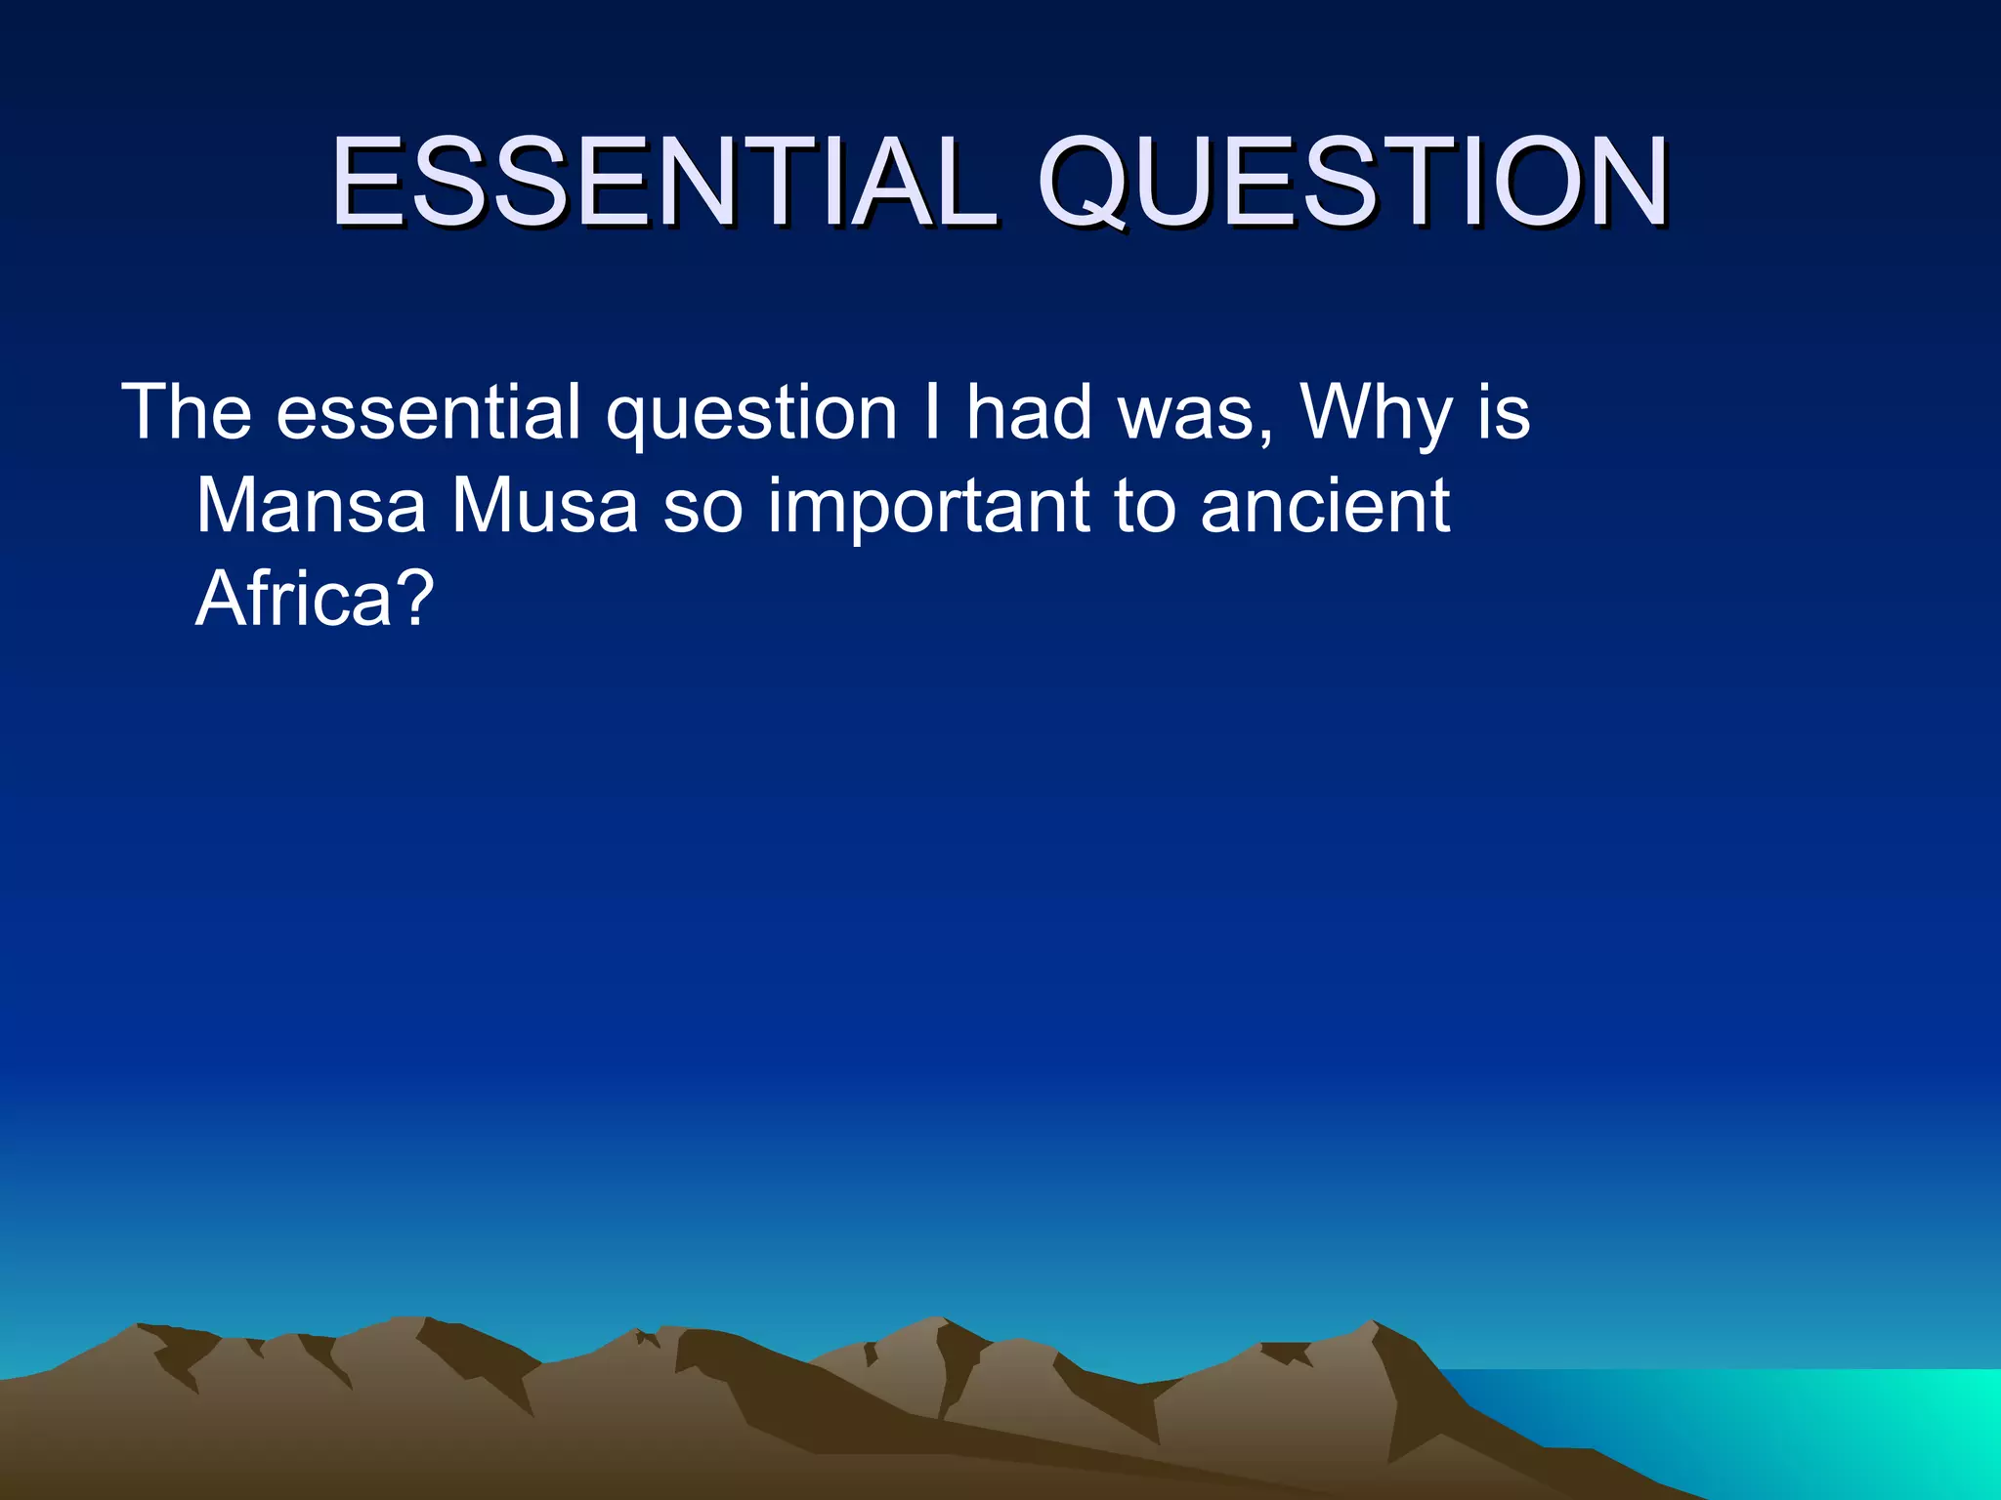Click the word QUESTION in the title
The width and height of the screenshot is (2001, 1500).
click(x=1352, y=183)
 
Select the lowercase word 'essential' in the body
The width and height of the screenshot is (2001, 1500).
click(x=429, y=412)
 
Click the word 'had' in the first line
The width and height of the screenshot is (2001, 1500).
click(x=1029, y=412)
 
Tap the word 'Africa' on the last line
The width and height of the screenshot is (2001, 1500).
click(x=293, y=598)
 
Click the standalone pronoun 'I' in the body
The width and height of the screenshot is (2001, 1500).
click(x=932, y=412)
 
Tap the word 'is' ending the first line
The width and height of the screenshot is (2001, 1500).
click(x=1504, y=412)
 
